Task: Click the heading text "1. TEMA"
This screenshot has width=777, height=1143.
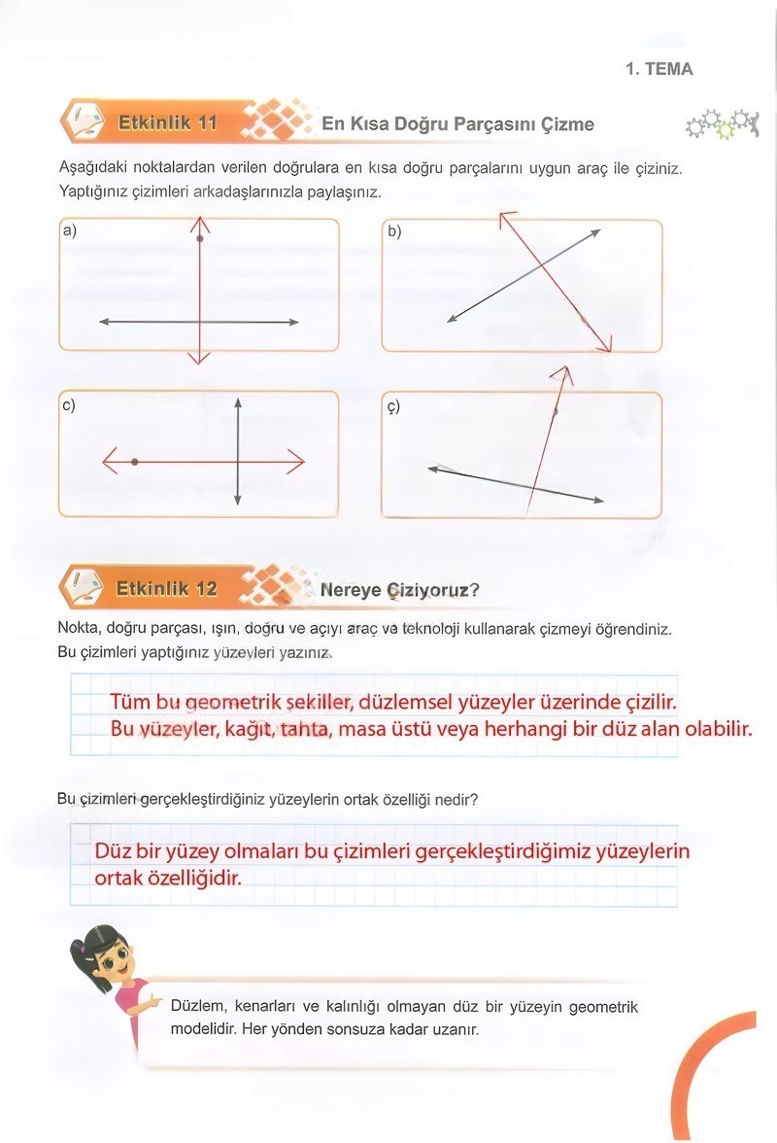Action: [659, 69]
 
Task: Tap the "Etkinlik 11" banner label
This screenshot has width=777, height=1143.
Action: [166, 123]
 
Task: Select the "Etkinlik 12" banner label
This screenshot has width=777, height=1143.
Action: [166, 588]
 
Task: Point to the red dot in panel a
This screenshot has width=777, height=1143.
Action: [199, 238]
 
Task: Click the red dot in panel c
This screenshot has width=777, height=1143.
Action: [134, 463]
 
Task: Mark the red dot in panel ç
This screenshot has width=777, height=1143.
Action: [555, 413]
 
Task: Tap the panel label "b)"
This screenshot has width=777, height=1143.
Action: [394, 231]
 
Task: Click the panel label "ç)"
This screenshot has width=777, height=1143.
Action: [393, 407]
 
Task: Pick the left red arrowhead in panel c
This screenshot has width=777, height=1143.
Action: [108, 463]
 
